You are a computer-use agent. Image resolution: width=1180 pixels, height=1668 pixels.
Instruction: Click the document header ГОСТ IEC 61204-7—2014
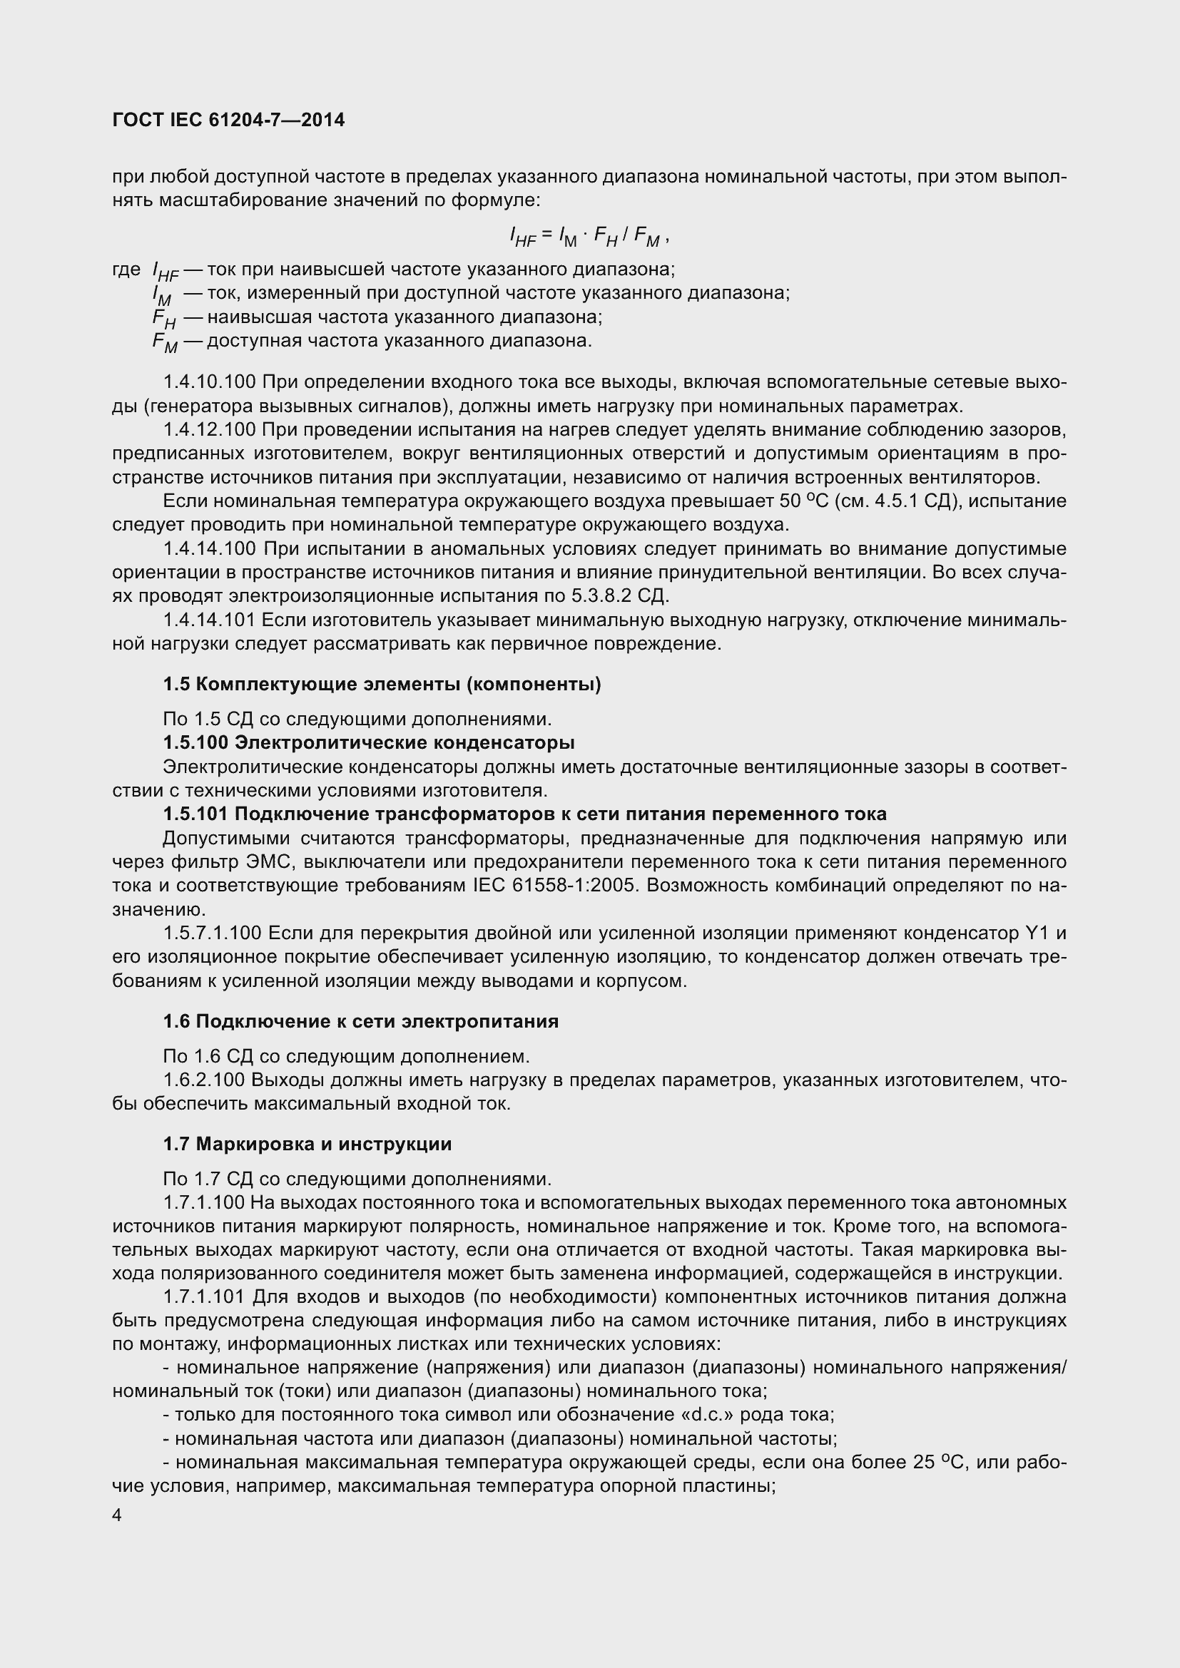pos(229,120)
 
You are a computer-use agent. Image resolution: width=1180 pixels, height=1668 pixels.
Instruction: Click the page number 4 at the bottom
pos(118,1515)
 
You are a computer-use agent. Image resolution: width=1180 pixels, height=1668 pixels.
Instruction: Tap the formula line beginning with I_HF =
pos(588,235)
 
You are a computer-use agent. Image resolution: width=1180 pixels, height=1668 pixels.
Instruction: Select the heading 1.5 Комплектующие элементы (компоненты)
pos(382,685)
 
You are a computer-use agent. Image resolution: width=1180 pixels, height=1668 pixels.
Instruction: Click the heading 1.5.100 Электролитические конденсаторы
pos(368,743)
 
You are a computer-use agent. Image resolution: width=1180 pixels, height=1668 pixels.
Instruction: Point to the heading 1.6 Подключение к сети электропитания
pos(360,1021)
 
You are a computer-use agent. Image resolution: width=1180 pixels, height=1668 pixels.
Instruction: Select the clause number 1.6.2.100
pos(204,1080)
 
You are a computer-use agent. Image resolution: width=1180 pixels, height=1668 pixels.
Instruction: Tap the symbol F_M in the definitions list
pos(165,342)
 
